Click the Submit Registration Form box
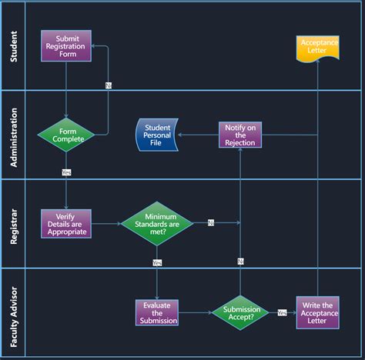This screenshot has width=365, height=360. coord(66,46)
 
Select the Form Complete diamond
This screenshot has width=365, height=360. coord(66,135)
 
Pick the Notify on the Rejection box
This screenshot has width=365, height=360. coord(240,135)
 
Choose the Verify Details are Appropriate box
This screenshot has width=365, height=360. coord(66,224)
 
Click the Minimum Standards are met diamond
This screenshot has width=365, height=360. coord(156,224)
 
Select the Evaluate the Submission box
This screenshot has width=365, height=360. coord(157,313)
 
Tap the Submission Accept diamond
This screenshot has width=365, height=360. coord(240,312)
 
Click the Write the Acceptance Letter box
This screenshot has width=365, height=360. coord(317,313)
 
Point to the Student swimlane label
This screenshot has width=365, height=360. coord(14,46)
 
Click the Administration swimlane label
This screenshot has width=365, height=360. coord(14,135)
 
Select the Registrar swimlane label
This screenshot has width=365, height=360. coord(14,224)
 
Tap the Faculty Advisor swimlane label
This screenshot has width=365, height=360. coord(14,312)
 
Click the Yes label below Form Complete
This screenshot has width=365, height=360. coord(66,172)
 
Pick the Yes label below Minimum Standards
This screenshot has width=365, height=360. coord(157,262)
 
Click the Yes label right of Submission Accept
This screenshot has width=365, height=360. coord(282,312)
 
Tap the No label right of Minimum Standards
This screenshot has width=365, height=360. coord(211,223)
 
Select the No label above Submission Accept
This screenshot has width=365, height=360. coord(240,262)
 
